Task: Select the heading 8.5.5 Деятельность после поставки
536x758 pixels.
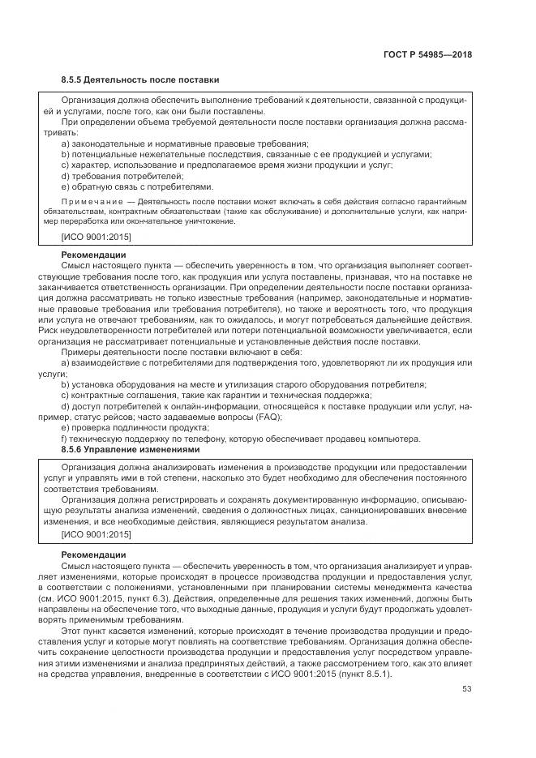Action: coord(140,79)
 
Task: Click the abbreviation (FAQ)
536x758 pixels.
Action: coord(267,417)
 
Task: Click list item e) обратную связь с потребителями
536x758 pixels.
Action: coord(137,186)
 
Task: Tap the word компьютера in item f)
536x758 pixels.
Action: coord(392,439)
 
